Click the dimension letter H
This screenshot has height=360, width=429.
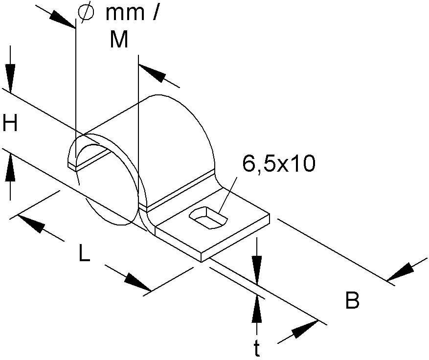pyautogui.click(x=10, y=123)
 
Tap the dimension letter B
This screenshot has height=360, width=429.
pyautogui.click(x=352, y=300)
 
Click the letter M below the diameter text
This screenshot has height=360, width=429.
pyautogui.click(x=119, y=40)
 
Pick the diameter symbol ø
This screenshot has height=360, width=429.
pyautogui.click(x=86, y=12)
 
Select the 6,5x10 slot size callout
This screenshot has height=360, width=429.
pyautogui.click(x=278, y=163)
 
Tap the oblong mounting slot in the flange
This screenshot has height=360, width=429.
pyautogui.click(x=208, y=218)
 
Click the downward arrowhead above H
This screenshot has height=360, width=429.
pyautogui.click(x=10, y=78)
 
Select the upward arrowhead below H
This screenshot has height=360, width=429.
pyautogui.click(x=10, y=168)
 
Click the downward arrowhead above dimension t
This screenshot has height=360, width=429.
pyautogui.click(x=257, y=270)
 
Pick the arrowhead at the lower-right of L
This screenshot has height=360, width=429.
pyautogui.click(x=137, y=282)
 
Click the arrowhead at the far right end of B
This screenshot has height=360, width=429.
pyautogui.click(x=400, y=272)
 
